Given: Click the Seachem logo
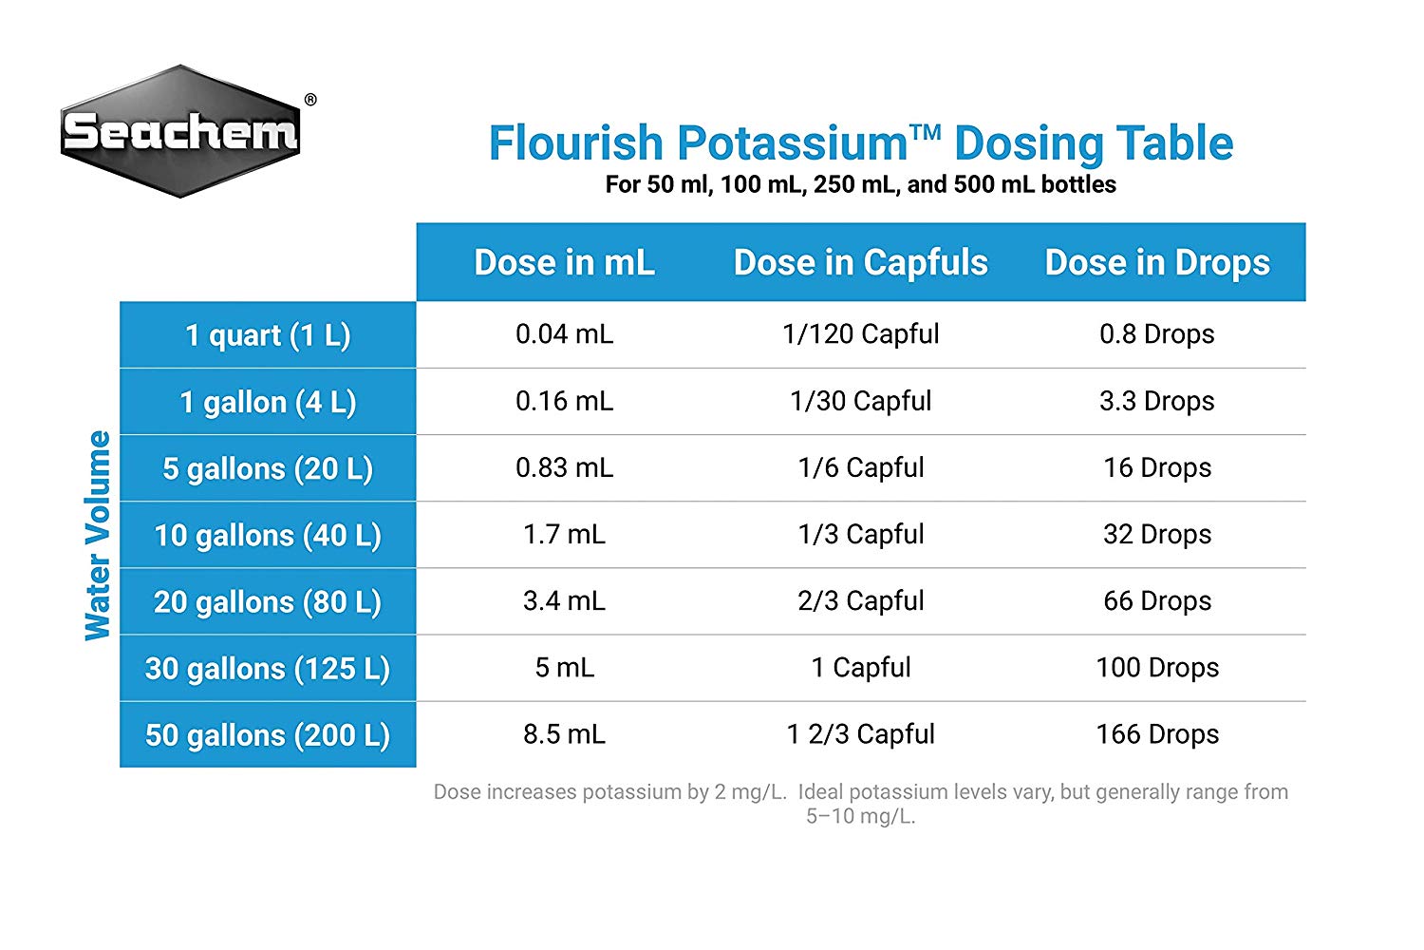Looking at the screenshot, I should (180, 131).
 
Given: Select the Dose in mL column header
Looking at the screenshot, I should (564, 262).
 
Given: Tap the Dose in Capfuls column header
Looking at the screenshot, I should (860, 262).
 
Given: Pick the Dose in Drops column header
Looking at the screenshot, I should (1156, 262).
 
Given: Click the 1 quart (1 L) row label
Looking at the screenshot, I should (268, 335).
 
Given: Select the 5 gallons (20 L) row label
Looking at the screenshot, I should (268, 468).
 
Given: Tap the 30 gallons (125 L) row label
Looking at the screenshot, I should (268, 668).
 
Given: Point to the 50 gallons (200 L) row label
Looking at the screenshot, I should (268, 734).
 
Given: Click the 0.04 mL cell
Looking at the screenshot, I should (564, 334).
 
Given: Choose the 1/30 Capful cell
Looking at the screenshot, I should (860, 401).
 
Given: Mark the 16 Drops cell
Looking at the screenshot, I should (1156, 467).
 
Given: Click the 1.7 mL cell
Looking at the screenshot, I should (564, 534).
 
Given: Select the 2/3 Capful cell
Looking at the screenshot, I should (860, 600).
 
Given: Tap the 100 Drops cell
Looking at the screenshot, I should (1156, 667).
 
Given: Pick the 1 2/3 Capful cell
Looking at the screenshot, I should (860, 733).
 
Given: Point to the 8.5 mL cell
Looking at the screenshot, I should (564, 733).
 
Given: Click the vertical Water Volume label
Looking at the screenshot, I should (98, 535).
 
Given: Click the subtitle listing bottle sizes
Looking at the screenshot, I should (860, 184).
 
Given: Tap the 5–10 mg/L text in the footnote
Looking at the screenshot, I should (860, 816).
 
